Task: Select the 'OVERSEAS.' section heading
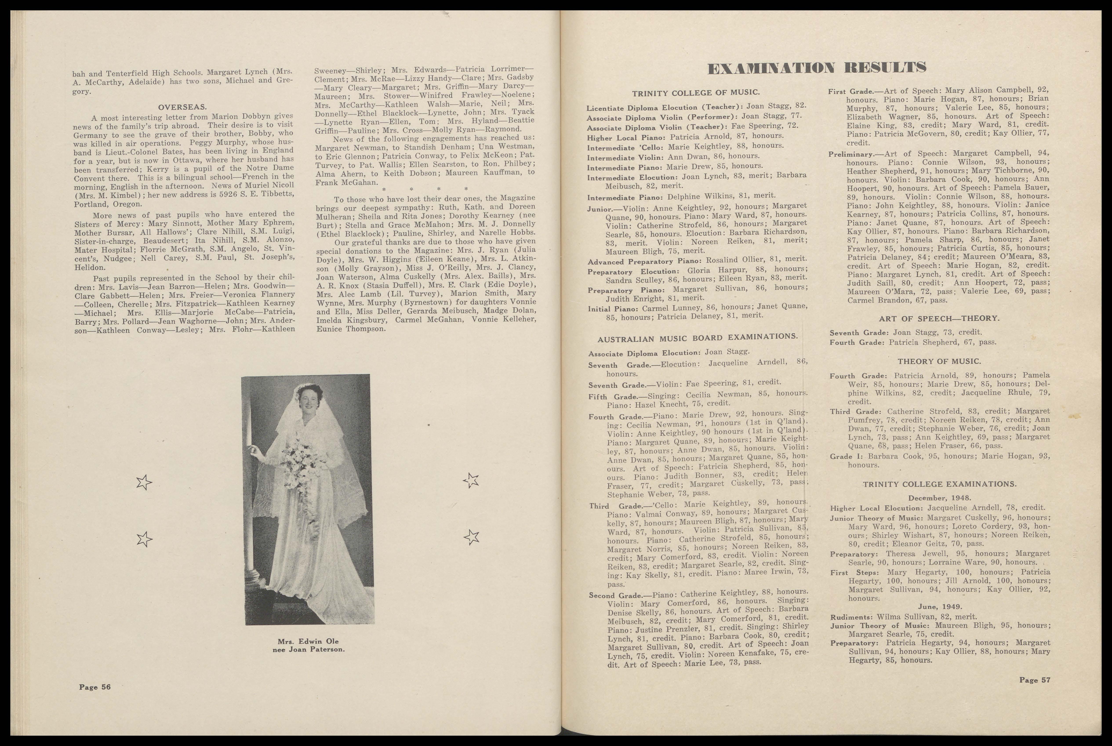click(x=182, y=107)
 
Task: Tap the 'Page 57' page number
click(x=1034, y=680)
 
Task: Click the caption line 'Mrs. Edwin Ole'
click(x=308, y=641)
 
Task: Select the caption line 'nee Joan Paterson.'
click(x=308, y=649)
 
